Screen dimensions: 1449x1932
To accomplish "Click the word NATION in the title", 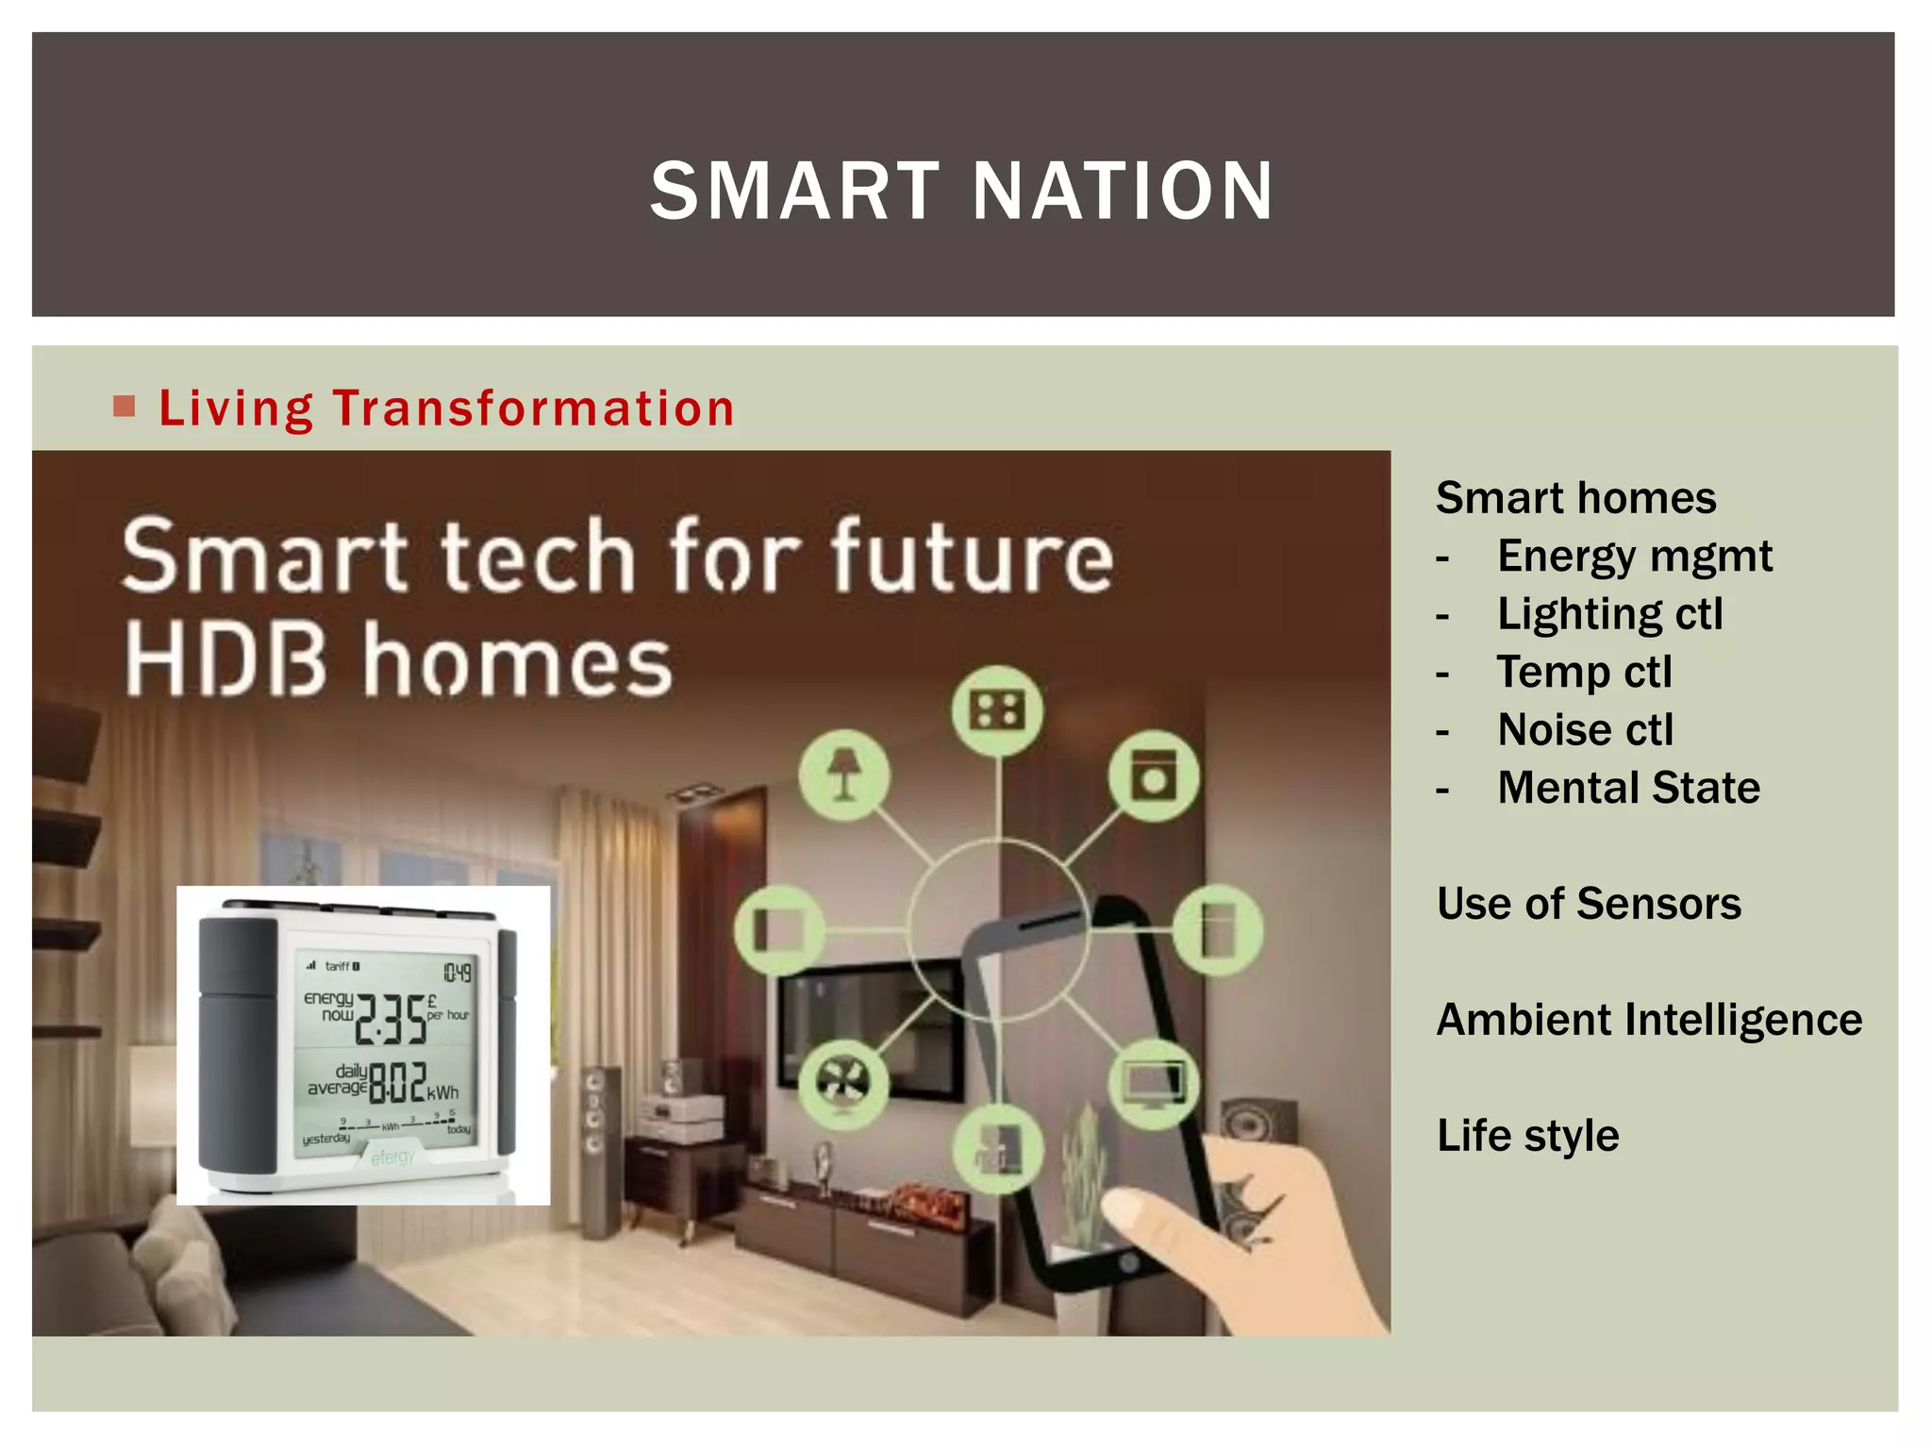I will pyautogui.click(x=1123, y=192).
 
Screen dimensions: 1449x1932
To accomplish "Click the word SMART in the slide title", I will pyautogui.click(x=795, y=192).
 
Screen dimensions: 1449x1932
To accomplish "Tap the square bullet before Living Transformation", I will pyautogui.click(x=124, y=407).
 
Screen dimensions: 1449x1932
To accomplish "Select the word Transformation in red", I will pyautogui.click(x=533, y=408).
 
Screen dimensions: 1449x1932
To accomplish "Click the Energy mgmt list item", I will pyautogui.click(x=1634, y=556).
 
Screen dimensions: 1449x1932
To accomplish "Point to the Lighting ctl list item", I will pyautogui.click(x=1609, y=614).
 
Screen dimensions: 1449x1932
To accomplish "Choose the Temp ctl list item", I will pyautogui.click(x=1584, y=672).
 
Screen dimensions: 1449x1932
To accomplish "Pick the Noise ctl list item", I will pyautogui.click(x=1585, y=730).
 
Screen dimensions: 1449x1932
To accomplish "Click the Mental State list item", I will pyautogui.click(x=1628, y=788).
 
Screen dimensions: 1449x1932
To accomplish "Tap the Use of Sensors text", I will pyautogui.click(x=1589, y=904).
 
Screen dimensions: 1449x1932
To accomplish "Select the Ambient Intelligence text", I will pyautogui.click(x=1648, y=1020).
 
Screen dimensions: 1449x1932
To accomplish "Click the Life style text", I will pyautogui.click(x=1527, y=1136).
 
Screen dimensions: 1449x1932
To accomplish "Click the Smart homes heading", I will pyautogui.click(x=1575, y=498).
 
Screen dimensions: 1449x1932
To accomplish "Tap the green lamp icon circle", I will pyautogui.click(x=844, y=775).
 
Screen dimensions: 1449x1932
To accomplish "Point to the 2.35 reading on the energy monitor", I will pyautogui.click(x=390, y=1021).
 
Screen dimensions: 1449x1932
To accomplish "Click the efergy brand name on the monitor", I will pyautogui.click(x=392, y=1157).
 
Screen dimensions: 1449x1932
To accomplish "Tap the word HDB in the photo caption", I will pyautogui.click(x=226, y=659).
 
